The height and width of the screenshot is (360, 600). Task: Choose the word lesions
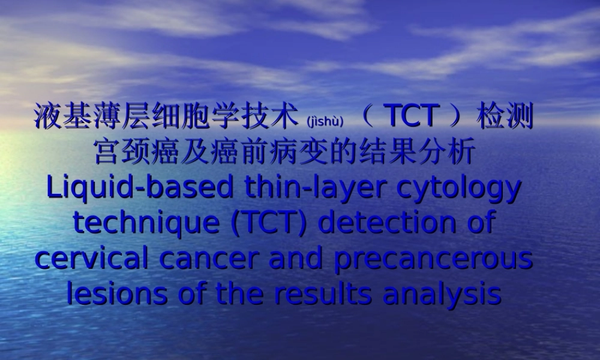coord(116,294)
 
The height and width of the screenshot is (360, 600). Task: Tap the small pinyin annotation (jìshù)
coord(325,121)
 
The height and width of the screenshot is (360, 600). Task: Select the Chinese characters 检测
coord(505,117)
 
